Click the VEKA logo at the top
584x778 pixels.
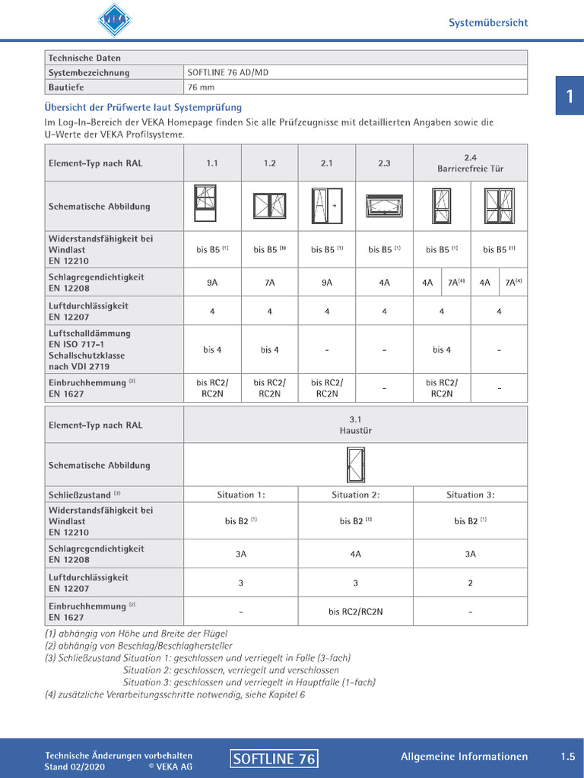[114, 19]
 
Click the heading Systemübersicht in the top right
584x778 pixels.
[487, 23]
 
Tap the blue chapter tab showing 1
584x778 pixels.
[569, 96]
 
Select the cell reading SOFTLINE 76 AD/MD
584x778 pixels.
[228, 73]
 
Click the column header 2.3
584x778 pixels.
[384, 163]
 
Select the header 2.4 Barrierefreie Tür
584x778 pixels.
[470, 163]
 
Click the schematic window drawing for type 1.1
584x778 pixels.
[205, 203]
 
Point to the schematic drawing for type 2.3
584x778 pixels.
[384, 206]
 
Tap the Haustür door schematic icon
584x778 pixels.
[355, 464]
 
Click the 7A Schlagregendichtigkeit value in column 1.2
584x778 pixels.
[269, 283]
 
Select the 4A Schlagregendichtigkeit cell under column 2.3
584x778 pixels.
[384, 283]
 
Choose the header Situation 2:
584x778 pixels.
[355, 495]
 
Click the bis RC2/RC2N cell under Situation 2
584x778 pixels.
[355, 611]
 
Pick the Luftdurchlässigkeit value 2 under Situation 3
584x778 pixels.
[470, 583]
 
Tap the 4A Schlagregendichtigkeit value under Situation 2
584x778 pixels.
[355, 554]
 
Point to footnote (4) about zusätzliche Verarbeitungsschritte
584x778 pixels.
[175, 694]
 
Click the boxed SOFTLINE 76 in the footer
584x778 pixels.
[274, 758]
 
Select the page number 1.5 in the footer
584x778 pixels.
[568, 757]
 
